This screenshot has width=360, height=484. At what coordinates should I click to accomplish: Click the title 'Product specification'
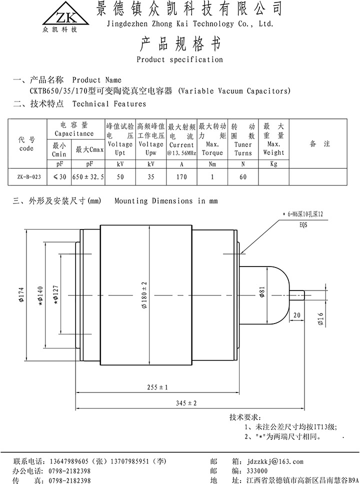point(179,59)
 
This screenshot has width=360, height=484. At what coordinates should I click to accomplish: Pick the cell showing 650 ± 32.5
point(88,176)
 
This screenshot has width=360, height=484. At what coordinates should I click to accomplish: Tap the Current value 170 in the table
point(181,176)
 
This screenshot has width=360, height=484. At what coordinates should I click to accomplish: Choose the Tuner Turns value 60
point(243,176)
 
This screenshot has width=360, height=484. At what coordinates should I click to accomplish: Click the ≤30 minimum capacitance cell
point(59,176)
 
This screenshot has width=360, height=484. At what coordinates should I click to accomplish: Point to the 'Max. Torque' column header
point(212,145)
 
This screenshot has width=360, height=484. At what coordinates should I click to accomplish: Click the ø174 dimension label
point(21,295)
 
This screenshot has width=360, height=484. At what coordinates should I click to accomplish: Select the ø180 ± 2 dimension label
point(144,295)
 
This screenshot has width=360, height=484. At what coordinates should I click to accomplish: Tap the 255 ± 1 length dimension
point(157,387)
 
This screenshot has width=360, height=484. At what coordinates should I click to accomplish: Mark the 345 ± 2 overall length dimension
point(186,403)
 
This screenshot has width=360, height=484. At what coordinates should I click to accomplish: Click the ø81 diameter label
point(262,293)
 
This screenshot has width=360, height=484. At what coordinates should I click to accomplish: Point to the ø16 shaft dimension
point(320,318)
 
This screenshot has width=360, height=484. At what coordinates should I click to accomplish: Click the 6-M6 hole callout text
point(305,214)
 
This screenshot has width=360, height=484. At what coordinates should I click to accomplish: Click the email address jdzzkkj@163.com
point(274,461)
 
